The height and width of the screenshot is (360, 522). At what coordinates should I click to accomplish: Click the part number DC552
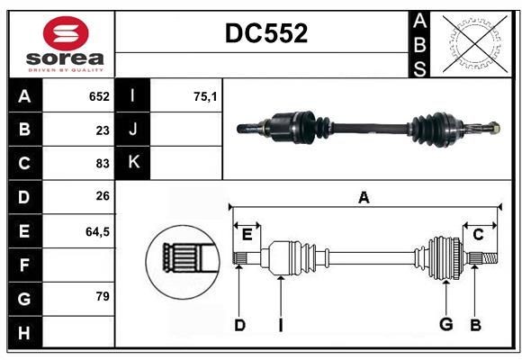[x=265, y=34]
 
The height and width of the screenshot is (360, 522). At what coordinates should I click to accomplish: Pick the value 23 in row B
[x=102, y=130]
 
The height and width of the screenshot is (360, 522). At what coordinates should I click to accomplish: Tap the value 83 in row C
[x=102, y=163]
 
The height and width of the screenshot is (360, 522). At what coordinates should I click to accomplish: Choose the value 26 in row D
[x=102, y=197]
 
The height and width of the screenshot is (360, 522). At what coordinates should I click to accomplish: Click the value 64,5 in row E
[x=97, y=231]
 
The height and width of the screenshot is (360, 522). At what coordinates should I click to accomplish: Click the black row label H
[x=24, y=332]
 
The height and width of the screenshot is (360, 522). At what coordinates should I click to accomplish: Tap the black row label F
[x=24, y=265]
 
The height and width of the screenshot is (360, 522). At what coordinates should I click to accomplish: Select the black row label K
[x=134, y=163]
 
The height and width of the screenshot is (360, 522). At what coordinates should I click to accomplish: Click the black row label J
[x=134, y=130]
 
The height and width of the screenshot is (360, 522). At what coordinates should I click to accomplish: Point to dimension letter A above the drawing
[x=364, y=198]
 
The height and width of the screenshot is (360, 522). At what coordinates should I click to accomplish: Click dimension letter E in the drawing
[x=247, y=235]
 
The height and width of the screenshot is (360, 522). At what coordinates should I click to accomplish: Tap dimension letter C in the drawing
[x=478, y=235]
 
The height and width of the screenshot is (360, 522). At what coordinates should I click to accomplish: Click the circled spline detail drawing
[x=183, y=256]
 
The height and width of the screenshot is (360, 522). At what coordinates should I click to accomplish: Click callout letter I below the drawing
[x=280, y=325]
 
